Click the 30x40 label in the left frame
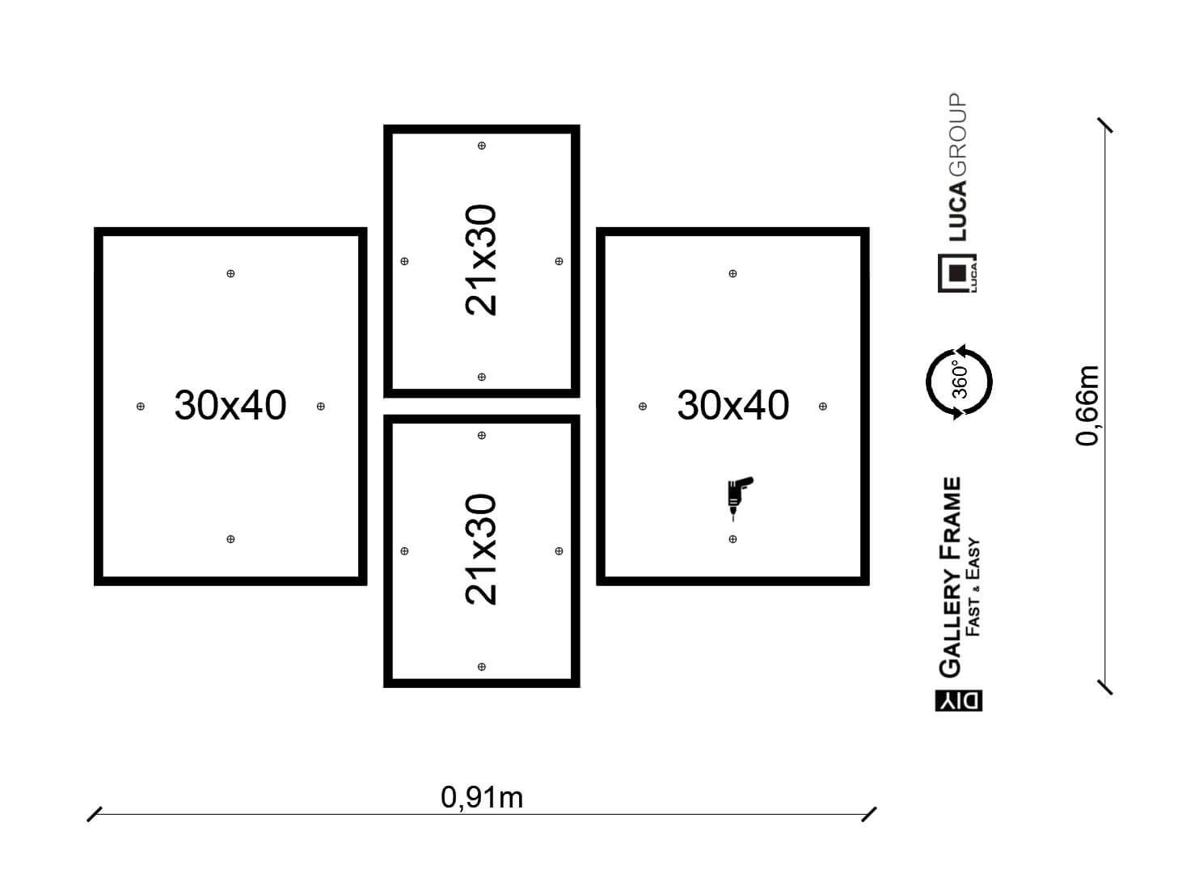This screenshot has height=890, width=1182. [x=230, y=405]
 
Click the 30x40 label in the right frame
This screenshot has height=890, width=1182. [x=732, y=405]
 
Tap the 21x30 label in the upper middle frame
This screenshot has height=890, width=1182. [x=480, y=259]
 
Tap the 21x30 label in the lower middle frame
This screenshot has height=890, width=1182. [x=480, y=549]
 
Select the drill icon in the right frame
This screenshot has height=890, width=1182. [x=739, y=498]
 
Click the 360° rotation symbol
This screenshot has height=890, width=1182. [x=959, y=382]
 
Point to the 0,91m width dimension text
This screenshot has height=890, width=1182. [x=481, y=797]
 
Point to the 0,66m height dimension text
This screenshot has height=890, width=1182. [x=1087, y=406]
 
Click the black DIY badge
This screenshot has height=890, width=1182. [x=959, y=701]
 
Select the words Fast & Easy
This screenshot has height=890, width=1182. [x=973, y=587]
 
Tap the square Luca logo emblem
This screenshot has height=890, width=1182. [x=957, y=273]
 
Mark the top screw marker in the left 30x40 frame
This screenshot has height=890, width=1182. [x=230, y=273]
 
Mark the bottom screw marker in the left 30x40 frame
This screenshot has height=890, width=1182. [x=230, y=539]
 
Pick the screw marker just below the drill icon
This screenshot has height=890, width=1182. [x=732, y=539]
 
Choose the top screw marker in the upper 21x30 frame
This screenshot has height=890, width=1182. [x=481, y=146]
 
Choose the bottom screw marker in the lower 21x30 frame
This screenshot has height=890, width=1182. [x=481, y=667]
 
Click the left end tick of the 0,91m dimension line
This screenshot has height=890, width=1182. [x=95, y=814]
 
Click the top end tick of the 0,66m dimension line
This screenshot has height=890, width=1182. [x=1105, y=125]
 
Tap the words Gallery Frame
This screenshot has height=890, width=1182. [x=950, y=576]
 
